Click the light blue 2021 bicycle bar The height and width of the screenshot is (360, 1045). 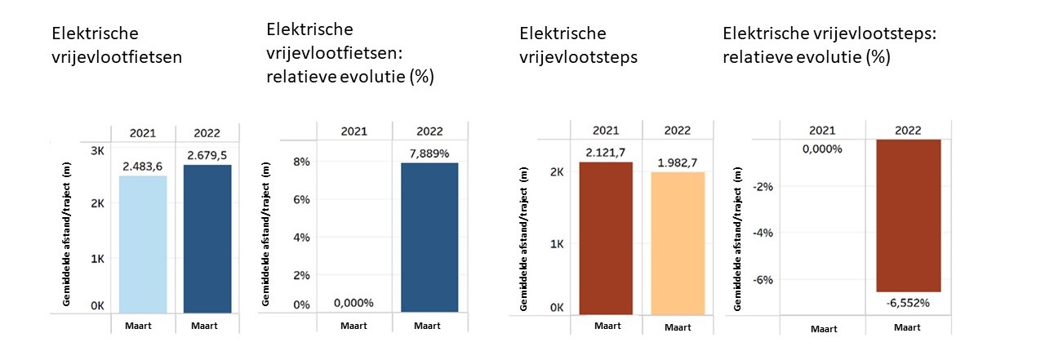point(142,244)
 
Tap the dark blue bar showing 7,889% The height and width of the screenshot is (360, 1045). point(429,237)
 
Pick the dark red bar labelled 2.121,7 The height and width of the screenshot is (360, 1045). point(606,238)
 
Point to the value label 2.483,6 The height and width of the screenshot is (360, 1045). point(142,167)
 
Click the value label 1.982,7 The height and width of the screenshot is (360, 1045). point(678,162)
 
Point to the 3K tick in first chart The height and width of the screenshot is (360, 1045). point(97,151)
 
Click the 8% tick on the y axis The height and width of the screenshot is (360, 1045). point(301,162)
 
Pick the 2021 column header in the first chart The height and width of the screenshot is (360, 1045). point(142,133)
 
